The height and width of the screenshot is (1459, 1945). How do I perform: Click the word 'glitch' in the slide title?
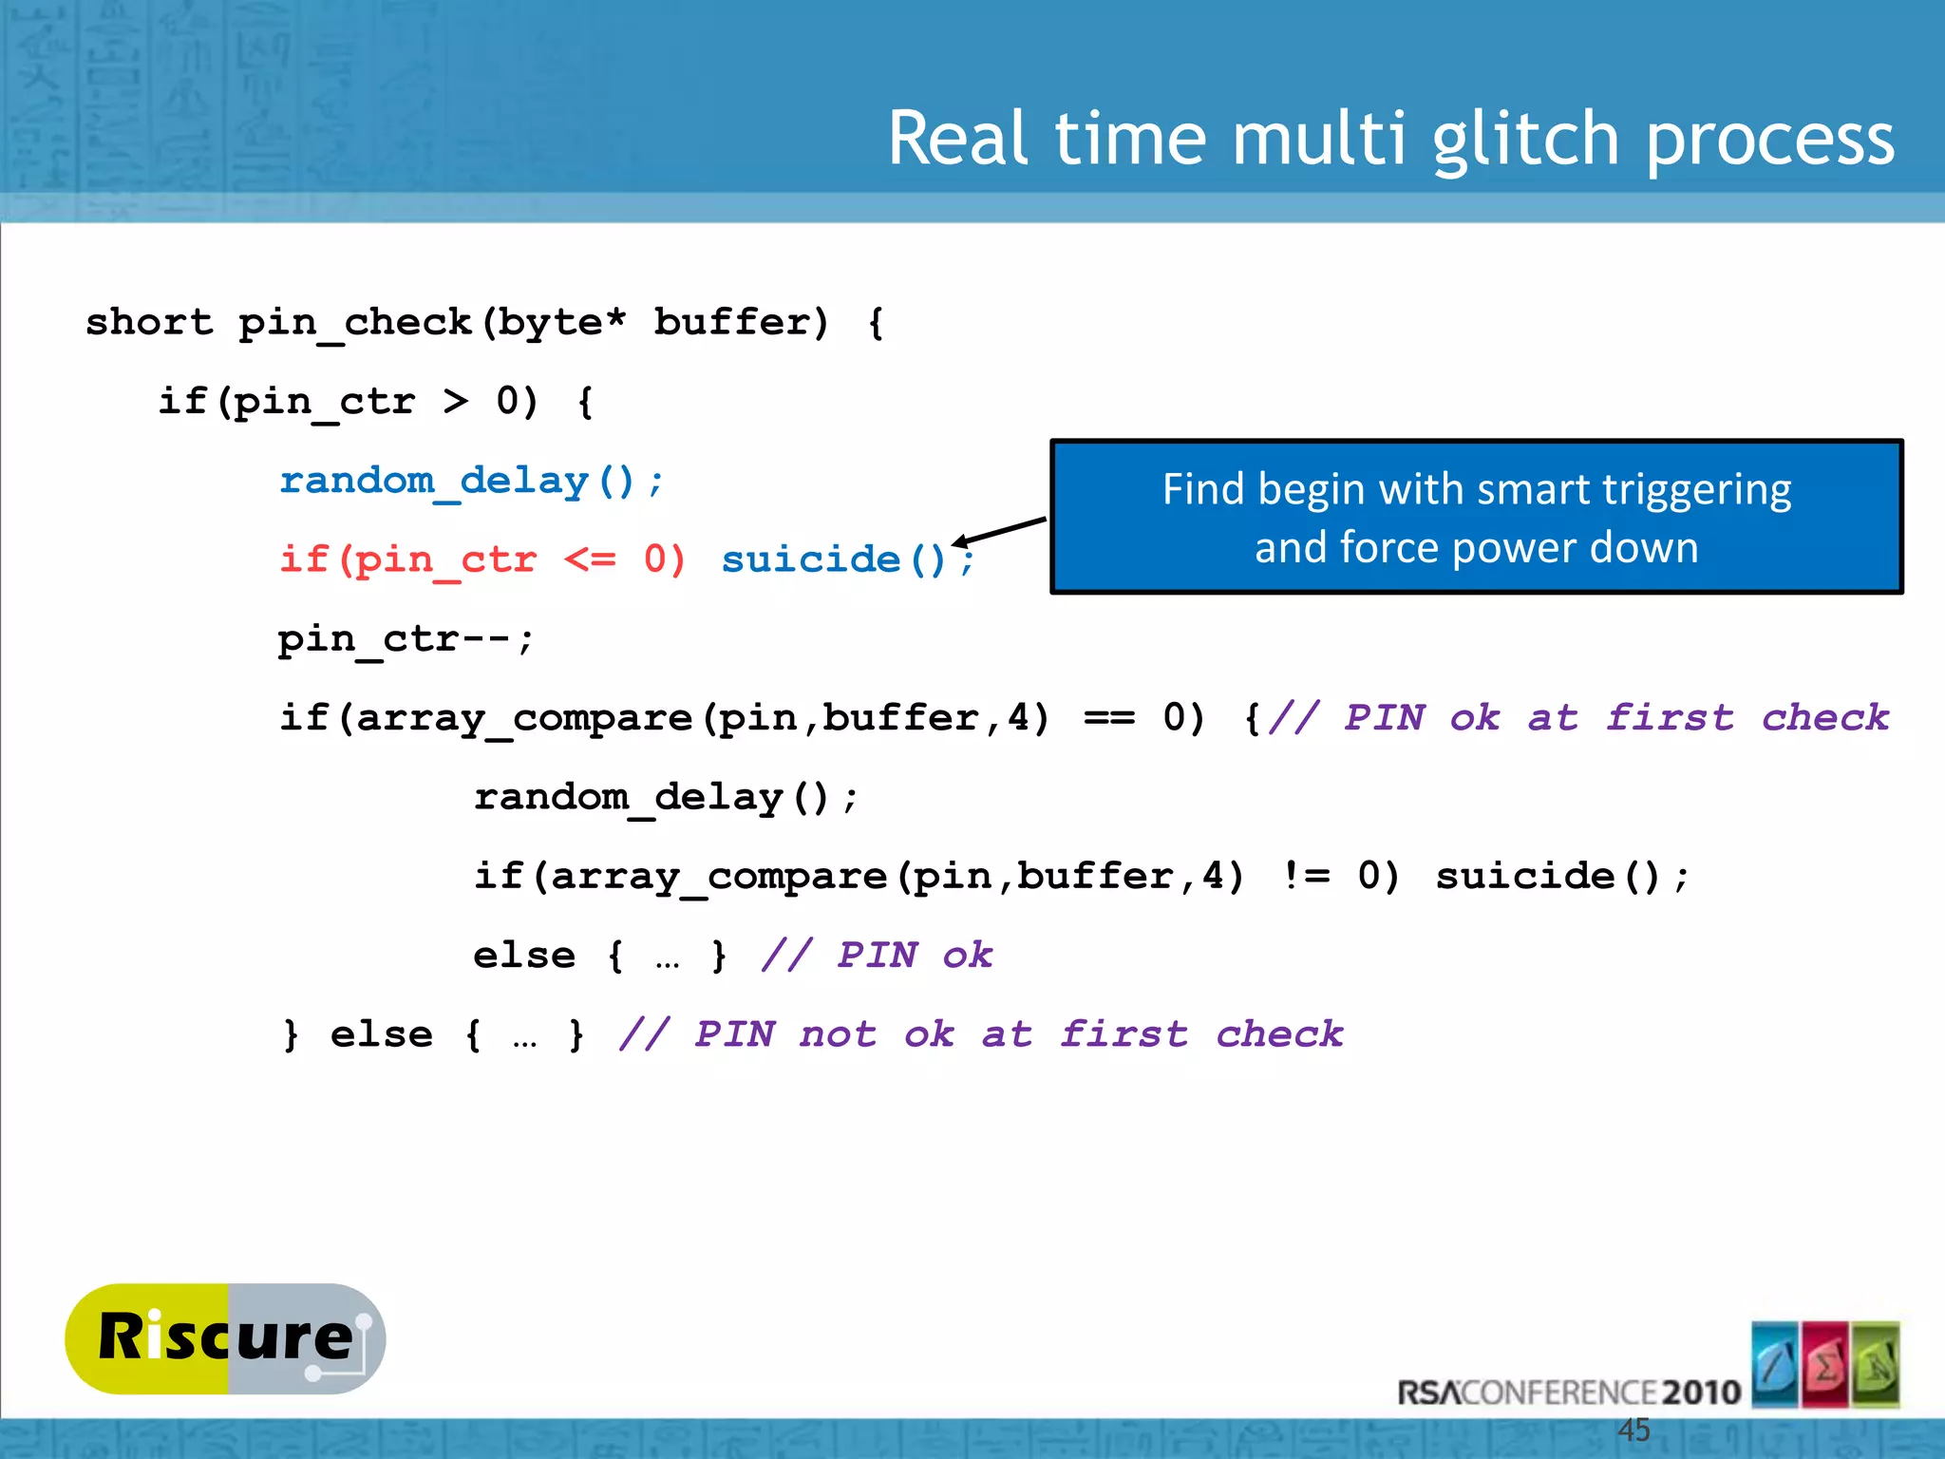point(1525,140)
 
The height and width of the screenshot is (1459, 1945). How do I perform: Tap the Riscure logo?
point(225,1338)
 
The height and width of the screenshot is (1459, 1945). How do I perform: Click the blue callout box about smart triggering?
point(1476,517)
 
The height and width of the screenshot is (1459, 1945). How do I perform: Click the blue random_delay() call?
point(471,481)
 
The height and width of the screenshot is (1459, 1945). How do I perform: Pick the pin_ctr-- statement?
point(406,639)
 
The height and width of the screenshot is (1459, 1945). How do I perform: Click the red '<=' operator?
point(590,559)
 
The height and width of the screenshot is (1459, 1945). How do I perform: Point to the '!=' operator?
point(1306,876)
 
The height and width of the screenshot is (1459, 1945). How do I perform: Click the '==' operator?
point(1109,718)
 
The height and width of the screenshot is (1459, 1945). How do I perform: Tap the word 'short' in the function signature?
point(149,322)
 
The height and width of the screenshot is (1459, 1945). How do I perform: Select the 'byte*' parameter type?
point(562,322)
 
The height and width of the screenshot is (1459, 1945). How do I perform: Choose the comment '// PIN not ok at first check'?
point(981,1034)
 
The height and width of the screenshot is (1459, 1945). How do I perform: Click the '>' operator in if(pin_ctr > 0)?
point(456,402)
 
